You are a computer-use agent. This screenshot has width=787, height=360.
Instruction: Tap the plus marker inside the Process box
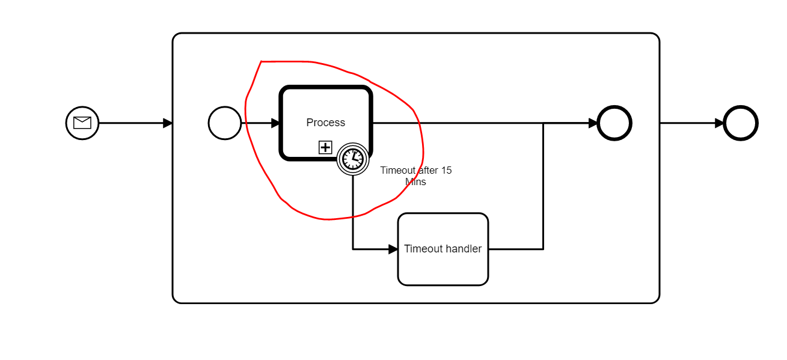(x=325, y=147)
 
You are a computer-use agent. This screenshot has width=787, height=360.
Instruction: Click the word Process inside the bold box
(x=326, y=122)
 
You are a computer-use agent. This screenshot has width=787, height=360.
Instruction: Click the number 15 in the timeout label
(x=446, y=170)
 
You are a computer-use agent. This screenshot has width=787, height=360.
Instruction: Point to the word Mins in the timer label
(x=415, y=182)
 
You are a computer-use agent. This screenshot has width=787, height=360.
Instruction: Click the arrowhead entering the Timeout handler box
(x=393, y=249)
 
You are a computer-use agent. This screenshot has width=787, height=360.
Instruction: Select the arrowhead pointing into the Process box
(x=275, y=123)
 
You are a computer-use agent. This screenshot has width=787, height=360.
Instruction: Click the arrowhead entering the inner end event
(x=593, y=123)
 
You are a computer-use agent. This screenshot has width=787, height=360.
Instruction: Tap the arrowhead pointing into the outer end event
(x=719, y=123)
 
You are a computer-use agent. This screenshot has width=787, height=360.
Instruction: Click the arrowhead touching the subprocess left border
(x=168, y=123)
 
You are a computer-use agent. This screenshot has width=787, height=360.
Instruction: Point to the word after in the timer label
(x=428, y=170)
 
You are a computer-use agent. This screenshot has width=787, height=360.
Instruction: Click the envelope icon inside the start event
(x=82, y=123)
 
